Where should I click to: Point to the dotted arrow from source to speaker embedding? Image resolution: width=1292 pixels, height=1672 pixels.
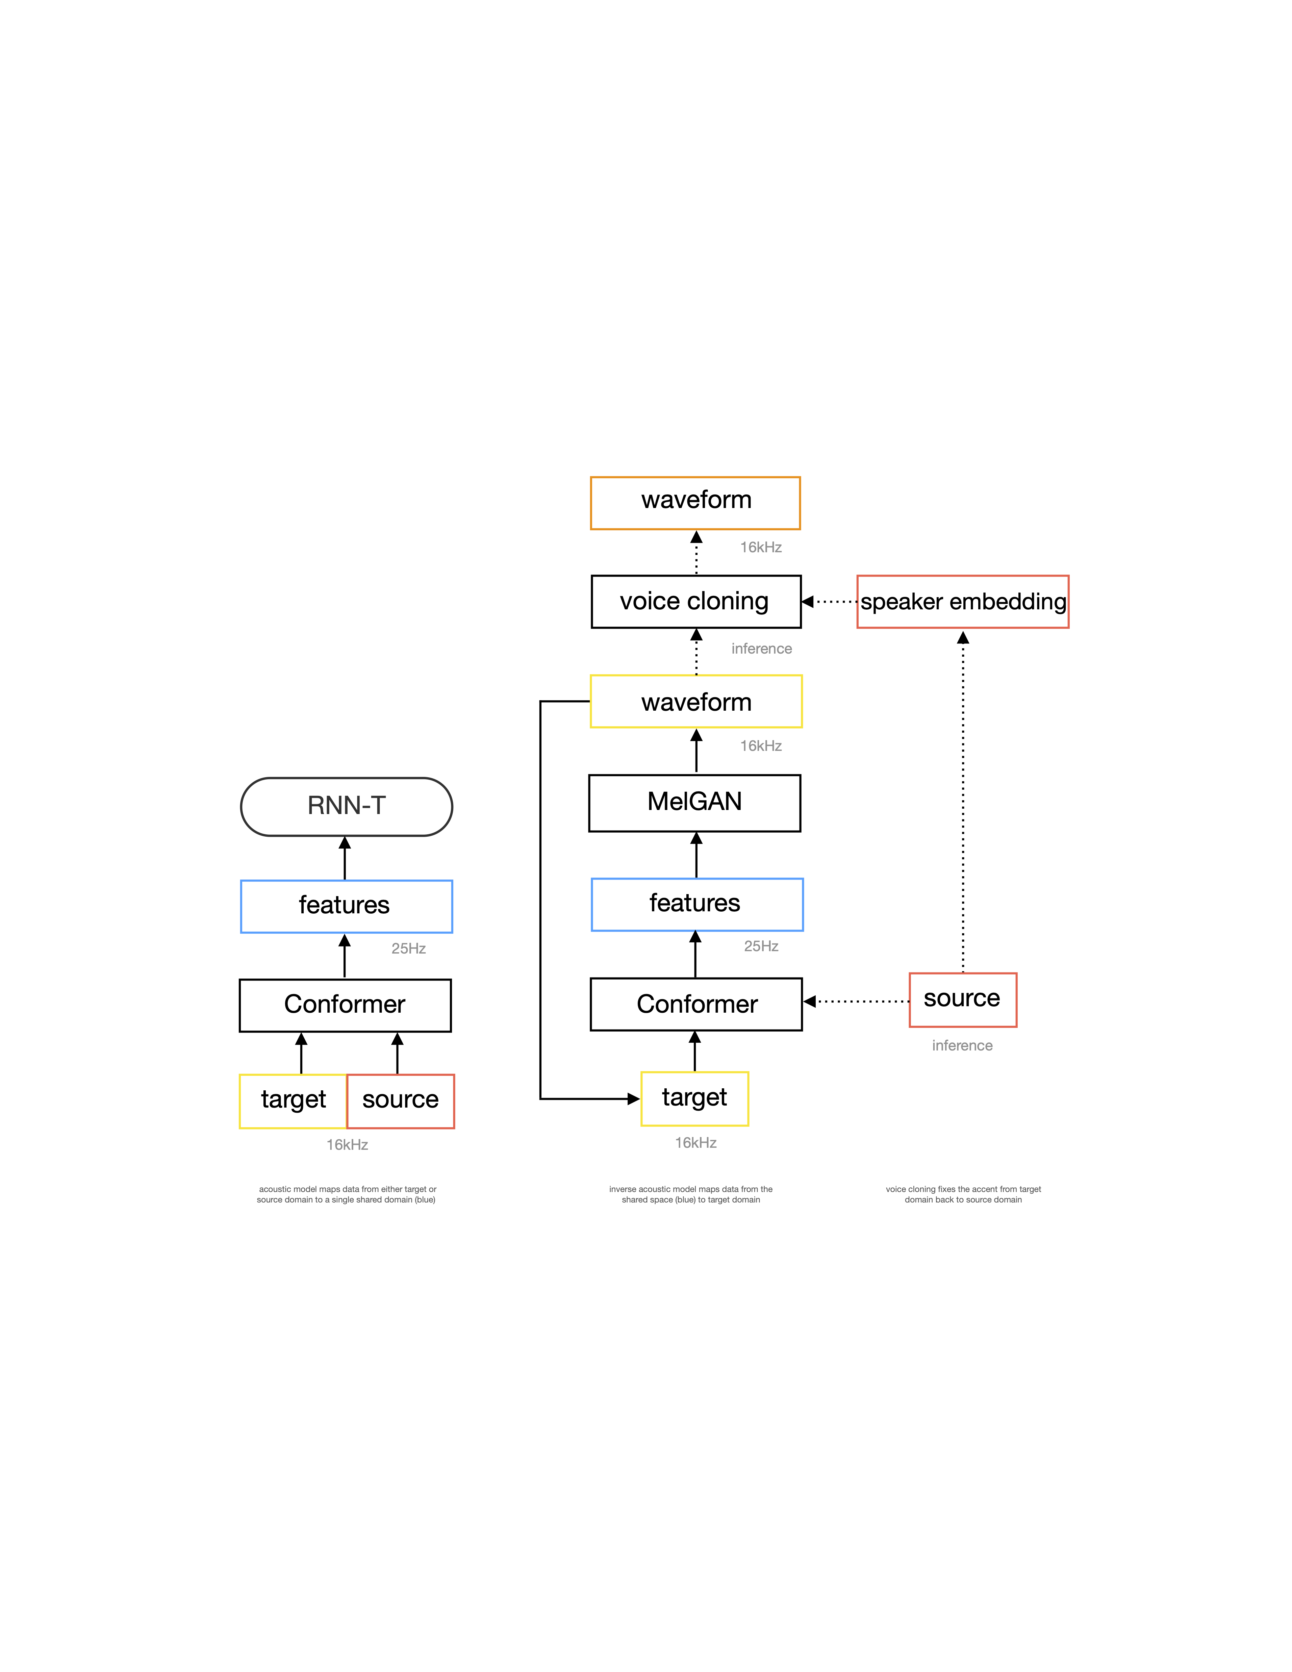(x=963, y=802)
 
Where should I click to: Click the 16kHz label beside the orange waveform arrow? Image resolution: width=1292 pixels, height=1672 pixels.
(x=761, y=548)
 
